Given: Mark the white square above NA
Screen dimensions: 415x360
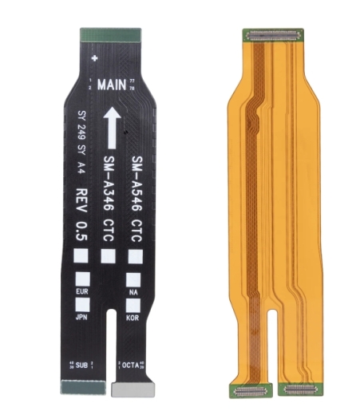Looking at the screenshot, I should point(133,280).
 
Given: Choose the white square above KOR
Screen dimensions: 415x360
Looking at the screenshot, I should point(133,304).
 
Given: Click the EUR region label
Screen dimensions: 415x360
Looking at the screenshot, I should point(81,292).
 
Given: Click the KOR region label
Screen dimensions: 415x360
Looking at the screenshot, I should point(133,317).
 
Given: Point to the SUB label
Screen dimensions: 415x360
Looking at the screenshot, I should point(81,365).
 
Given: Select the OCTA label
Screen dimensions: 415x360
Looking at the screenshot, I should point(130,365).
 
